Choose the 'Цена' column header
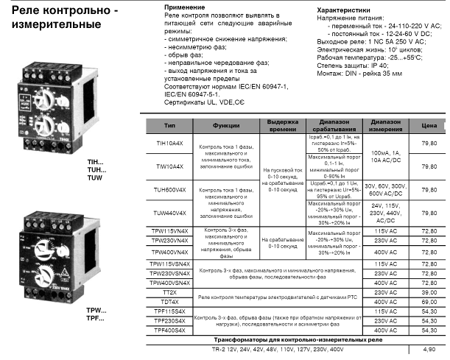(428, 126)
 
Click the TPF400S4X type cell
(170, 330)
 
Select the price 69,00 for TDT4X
(428, 302)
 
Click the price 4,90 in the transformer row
(428, 350)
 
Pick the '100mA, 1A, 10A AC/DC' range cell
(386, 155)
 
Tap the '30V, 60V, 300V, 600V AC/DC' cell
(386, 189)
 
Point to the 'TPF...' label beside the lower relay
(96, 318)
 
